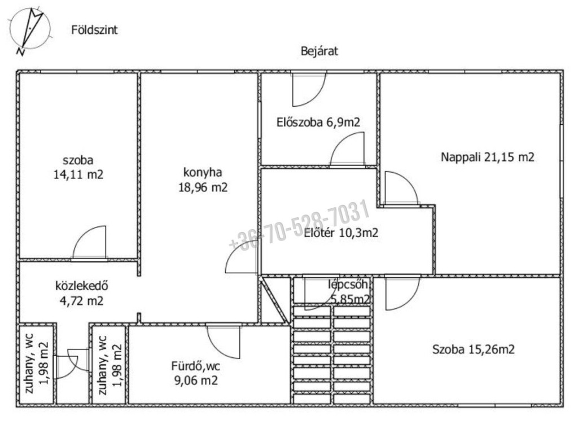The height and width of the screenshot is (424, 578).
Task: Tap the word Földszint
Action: click(x=94, y=30)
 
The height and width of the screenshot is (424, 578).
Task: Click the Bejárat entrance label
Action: click(x=319, y=51)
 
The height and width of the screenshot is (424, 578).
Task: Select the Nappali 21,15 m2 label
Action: click(x=487, y=157)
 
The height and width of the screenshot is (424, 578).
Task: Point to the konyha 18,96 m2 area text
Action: click(x=203, y=180)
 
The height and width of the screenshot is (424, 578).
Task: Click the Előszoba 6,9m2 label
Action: click(x=318, y=122)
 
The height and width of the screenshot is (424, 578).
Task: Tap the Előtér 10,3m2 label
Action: click(x=341, y=233)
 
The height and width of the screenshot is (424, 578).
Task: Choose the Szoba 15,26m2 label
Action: click(x=474, y=349)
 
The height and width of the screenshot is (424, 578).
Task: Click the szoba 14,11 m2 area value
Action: click(x=78, y=174)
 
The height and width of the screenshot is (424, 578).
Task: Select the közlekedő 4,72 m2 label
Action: click(x=81, y=294)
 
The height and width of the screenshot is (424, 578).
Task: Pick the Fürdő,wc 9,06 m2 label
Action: click(x=196, y=373)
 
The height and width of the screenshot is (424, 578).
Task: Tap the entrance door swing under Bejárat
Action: click(x=309, y=90)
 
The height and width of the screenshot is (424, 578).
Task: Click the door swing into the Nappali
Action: click(x=401, y=188)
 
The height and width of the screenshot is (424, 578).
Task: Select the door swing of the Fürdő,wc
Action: click(x=223, y=342)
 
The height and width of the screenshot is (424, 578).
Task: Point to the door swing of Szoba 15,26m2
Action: click(x=402, y=294)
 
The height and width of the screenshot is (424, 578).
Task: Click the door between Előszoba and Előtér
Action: click(x=347, y=149)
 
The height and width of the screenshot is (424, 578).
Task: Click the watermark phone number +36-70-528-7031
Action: click(x=299, y=225)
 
